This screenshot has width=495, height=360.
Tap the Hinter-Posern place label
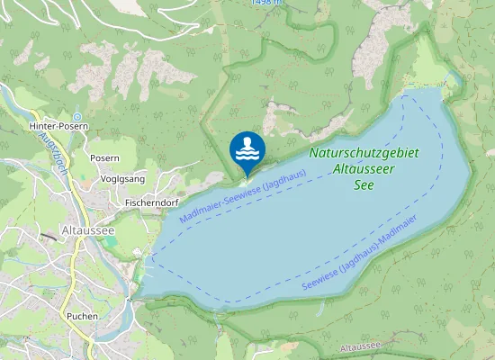click(58, 127)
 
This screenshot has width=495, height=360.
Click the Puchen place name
click(82, 317)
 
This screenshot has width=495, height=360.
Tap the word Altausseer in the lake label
click(363, 169)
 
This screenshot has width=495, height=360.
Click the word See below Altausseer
click(364, 184)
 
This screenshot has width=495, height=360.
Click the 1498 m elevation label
click(267, 4)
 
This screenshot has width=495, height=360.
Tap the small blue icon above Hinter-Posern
click(77, 116)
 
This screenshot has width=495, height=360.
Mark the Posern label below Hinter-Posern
click(104, 157)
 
